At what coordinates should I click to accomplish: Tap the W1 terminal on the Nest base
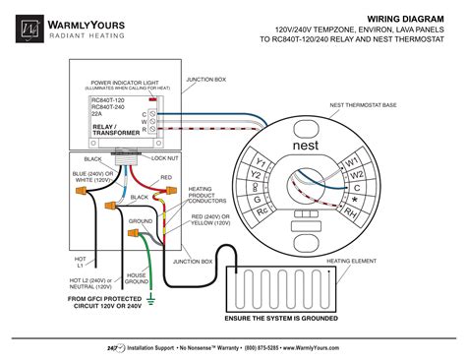coord(349,160)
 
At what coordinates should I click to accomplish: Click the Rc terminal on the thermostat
coord(262,210)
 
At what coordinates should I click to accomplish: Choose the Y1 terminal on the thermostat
coord(262,161)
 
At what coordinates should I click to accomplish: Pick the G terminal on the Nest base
coord(254,193)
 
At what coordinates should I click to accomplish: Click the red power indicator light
coord(153,100)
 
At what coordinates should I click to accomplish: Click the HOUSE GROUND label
coord(136,278)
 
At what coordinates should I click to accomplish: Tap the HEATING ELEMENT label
coord(352,262)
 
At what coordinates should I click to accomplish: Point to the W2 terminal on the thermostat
coord(357,176)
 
